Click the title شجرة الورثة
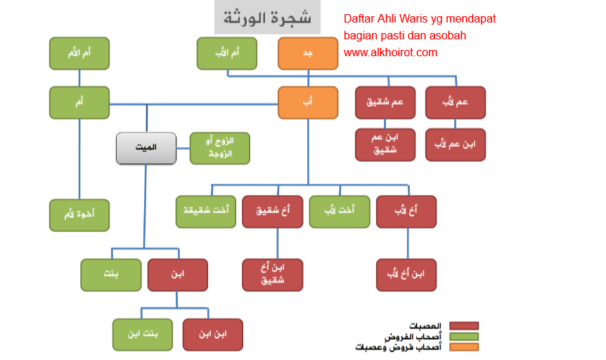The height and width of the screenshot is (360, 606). (x=267, y=18)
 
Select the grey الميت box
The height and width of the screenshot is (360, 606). (x=146, y=148)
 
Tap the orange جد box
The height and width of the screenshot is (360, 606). (x=308, y=53)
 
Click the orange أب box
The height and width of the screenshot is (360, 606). (x=308, y=103)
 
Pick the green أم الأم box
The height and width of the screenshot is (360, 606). (x=79, y=53)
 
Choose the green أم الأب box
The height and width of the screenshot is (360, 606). (x=227, y=53)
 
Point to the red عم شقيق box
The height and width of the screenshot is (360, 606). (x=385, y=103)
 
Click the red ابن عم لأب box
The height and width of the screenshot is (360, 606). (x=456, y=144)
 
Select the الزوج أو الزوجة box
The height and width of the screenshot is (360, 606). (x=220, y=148)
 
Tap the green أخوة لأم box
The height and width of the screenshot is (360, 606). (x=79, y=215)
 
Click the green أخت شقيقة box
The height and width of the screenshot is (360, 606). (x=205, y=212)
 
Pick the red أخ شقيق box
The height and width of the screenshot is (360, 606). (x=272, y=212)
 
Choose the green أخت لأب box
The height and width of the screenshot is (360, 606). (x=340, y=212)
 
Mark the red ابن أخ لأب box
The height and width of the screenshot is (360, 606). (x=406, y=275)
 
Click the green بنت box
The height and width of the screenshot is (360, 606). (x=110, y=275)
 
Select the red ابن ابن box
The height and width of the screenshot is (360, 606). (x=212, y=335)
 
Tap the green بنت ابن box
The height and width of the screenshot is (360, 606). (x=143, y=335)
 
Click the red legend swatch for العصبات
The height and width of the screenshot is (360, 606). (x=464, y=326)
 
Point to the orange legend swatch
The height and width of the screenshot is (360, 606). (x=464, y=347)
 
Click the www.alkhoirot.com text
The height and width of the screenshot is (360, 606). (x=390, y=52)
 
